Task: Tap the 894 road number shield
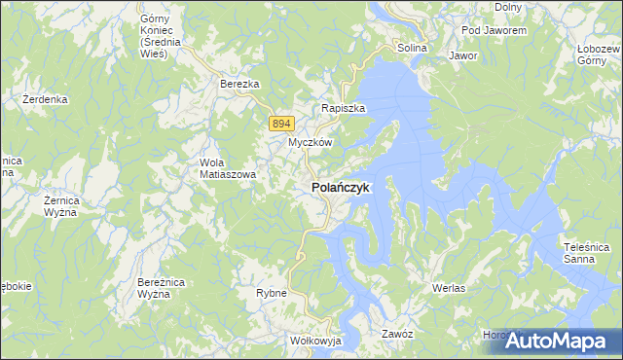coord(281,123)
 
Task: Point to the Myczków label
coord(311,142)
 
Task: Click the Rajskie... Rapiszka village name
coord(344,109)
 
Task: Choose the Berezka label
coord(239,85)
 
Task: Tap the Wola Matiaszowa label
coord(227,168)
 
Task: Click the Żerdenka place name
coord(45,99)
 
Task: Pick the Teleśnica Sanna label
coord(585,254)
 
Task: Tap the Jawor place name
coord(463,55)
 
